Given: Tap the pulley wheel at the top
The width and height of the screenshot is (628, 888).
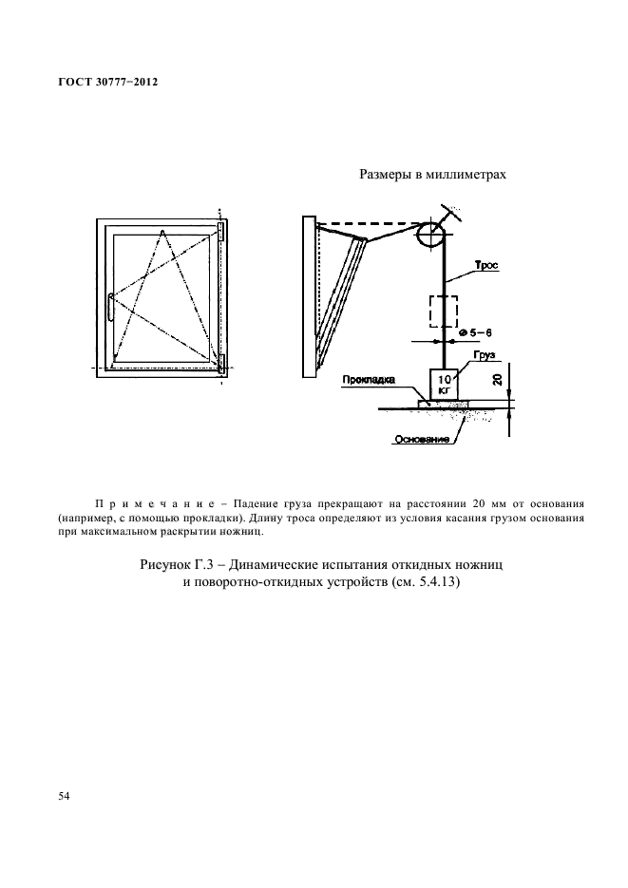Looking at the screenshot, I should (x=428, y=236).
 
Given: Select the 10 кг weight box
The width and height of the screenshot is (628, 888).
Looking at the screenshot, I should (x=444, y=385).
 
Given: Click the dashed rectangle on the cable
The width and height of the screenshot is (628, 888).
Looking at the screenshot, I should (x=443, y=312).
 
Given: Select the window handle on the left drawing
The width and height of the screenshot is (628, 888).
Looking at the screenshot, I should (x=111, y=306).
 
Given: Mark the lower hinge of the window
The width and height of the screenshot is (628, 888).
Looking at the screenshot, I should (x=221, y=362).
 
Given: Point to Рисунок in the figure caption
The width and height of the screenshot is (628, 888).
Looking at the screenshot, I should (x=165, y=564).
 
